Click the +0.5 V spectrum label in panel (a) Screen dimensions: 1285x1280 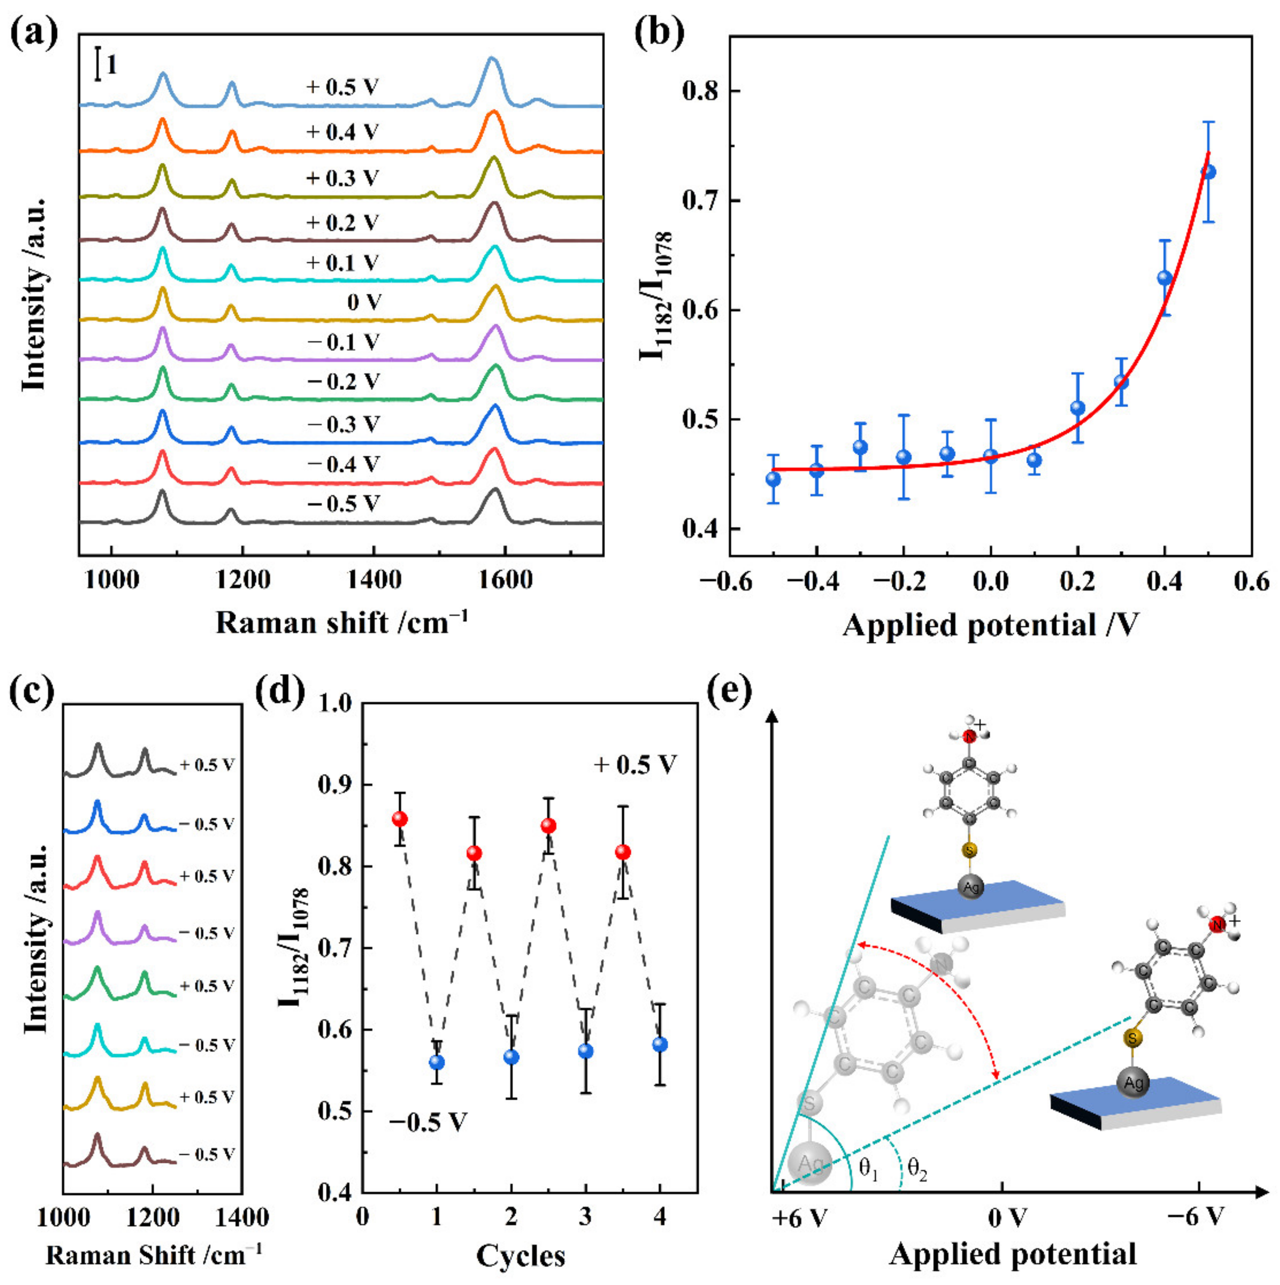[x=343, y=87]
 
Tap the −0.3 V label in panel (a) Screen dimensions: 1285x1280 [x=343, y=424]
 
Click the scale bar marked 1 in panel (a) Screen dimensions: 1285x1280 [x=99, y=64]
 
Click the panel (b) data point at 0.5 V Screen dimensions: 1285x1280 [x=1208, y=172]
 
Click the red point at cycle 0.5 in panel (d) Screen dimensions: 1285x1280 [x=400, y=819]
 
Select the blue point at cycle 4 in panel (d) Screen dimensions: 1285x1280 [x=660, y=1044]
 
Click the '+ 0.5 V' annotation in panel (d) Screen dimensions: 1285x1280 [x=635, y=764]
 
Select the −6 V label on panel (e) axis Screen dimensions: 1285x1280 [x=1196, y=1217]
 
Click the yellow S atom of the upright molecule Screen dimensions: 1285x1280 [x=970, y=850]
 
